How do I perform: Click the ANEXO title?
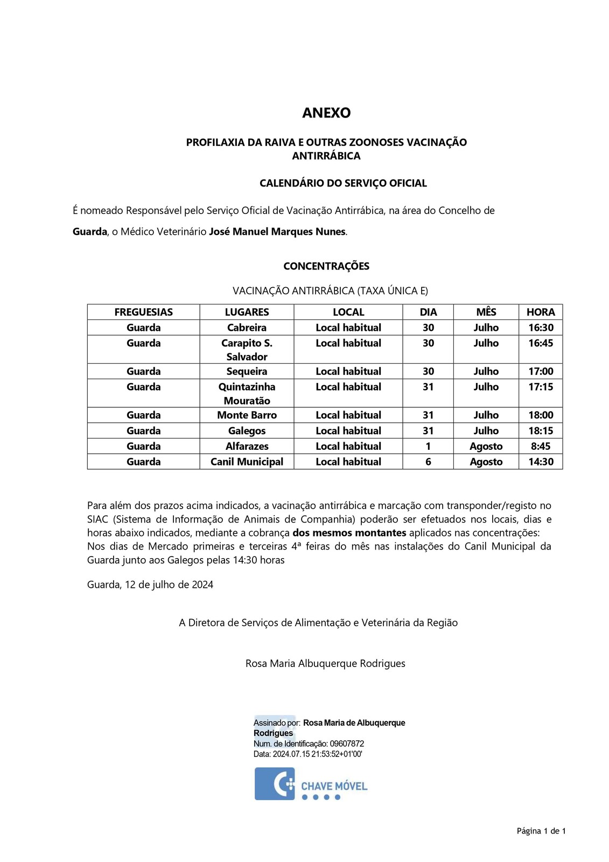click(326, 113)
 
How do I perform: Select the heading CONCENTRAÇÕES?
click(326, 266)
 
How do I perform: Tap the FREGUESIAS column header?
click(144, 312)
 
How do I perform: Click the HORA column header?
click(541, 312)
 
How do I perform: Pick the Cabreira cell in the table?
click(247, 328)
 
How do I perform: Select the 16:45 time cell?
click(541, 343)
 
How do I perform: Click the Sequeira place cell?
click(247, 371)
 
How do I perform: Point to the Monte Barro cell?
click(247, 415)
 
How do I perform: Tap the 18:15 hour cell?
click(541, 430)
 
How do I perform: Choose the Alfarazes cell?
click(247, 446)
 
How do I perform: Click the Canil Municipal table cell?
click(247, 462)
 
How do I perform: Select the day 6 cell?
click(428, 462)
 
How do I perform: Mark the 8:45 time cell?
click(541, 446)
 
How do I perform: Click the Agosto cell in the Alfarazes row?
click(486, 446)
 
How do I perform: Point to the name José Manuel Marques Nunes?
click(277, 232)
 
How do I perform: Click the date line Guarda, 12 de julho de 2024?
click(150, 585)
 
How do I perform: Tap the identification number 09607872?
click(347, 743)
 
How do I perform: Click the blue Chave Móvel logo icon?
click(275, 784)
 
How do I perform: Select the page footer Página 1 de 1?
click(541, 831)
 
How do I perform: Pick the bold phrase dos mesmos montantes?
click(349, 533)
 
